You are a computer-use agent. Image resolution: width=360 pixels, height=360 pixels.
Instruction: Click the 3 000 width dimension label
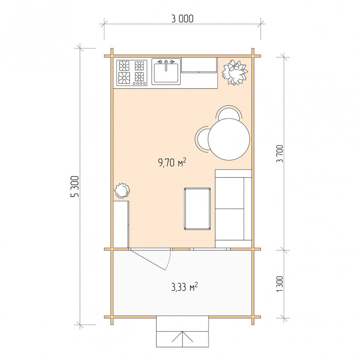click(183, 19)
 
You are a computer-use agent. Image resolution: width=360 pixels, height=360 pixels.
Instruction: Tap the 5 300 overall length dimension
click(75, 186)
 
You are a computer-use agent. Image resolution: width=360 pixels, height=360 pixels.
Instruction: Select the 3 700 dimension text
click(280, 153)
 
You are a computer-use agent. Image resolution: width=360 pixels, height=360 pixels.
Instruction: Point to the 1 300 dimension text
click(280, 284)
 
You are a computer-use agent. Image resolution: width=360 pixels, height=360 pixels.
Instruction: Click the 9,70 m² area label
click(172, 162)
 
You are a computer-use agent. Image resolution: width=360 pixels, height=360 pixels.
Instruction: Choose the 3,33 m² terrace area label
click(184, 287)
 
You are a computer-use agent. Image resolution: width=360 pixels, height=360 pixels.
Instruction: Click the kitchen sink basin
click(166, 73)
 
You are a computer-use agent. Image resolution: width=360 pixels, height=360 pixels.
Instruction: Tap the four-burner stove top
click(132, 73)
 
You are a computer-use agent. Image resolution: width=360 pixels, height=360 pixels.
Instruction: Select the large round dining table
click(229, 139)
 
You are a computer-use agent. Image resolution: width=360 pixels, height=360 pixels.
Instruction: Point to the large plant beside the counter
click(235, 72)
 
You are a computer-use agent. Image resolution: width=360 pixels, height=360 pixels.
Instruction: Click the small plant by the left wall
click(122, 190)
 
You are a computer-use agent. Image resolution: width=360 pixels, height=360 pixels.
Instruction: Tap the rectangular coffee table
click(198, 208)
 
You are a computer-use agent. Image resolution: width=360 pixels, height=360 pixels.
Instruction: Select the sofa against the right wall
click(233, 208)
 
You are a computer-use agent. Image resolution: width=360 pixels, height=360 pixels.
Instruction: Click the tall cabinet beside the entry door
click(121, 224)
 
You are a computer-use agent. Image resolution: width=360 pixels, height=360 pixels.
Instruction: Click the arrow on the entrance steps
click(183, 339)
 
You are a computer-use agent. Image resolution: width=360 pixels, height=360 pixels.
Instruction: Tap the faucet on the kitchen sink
click(166, 65)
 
